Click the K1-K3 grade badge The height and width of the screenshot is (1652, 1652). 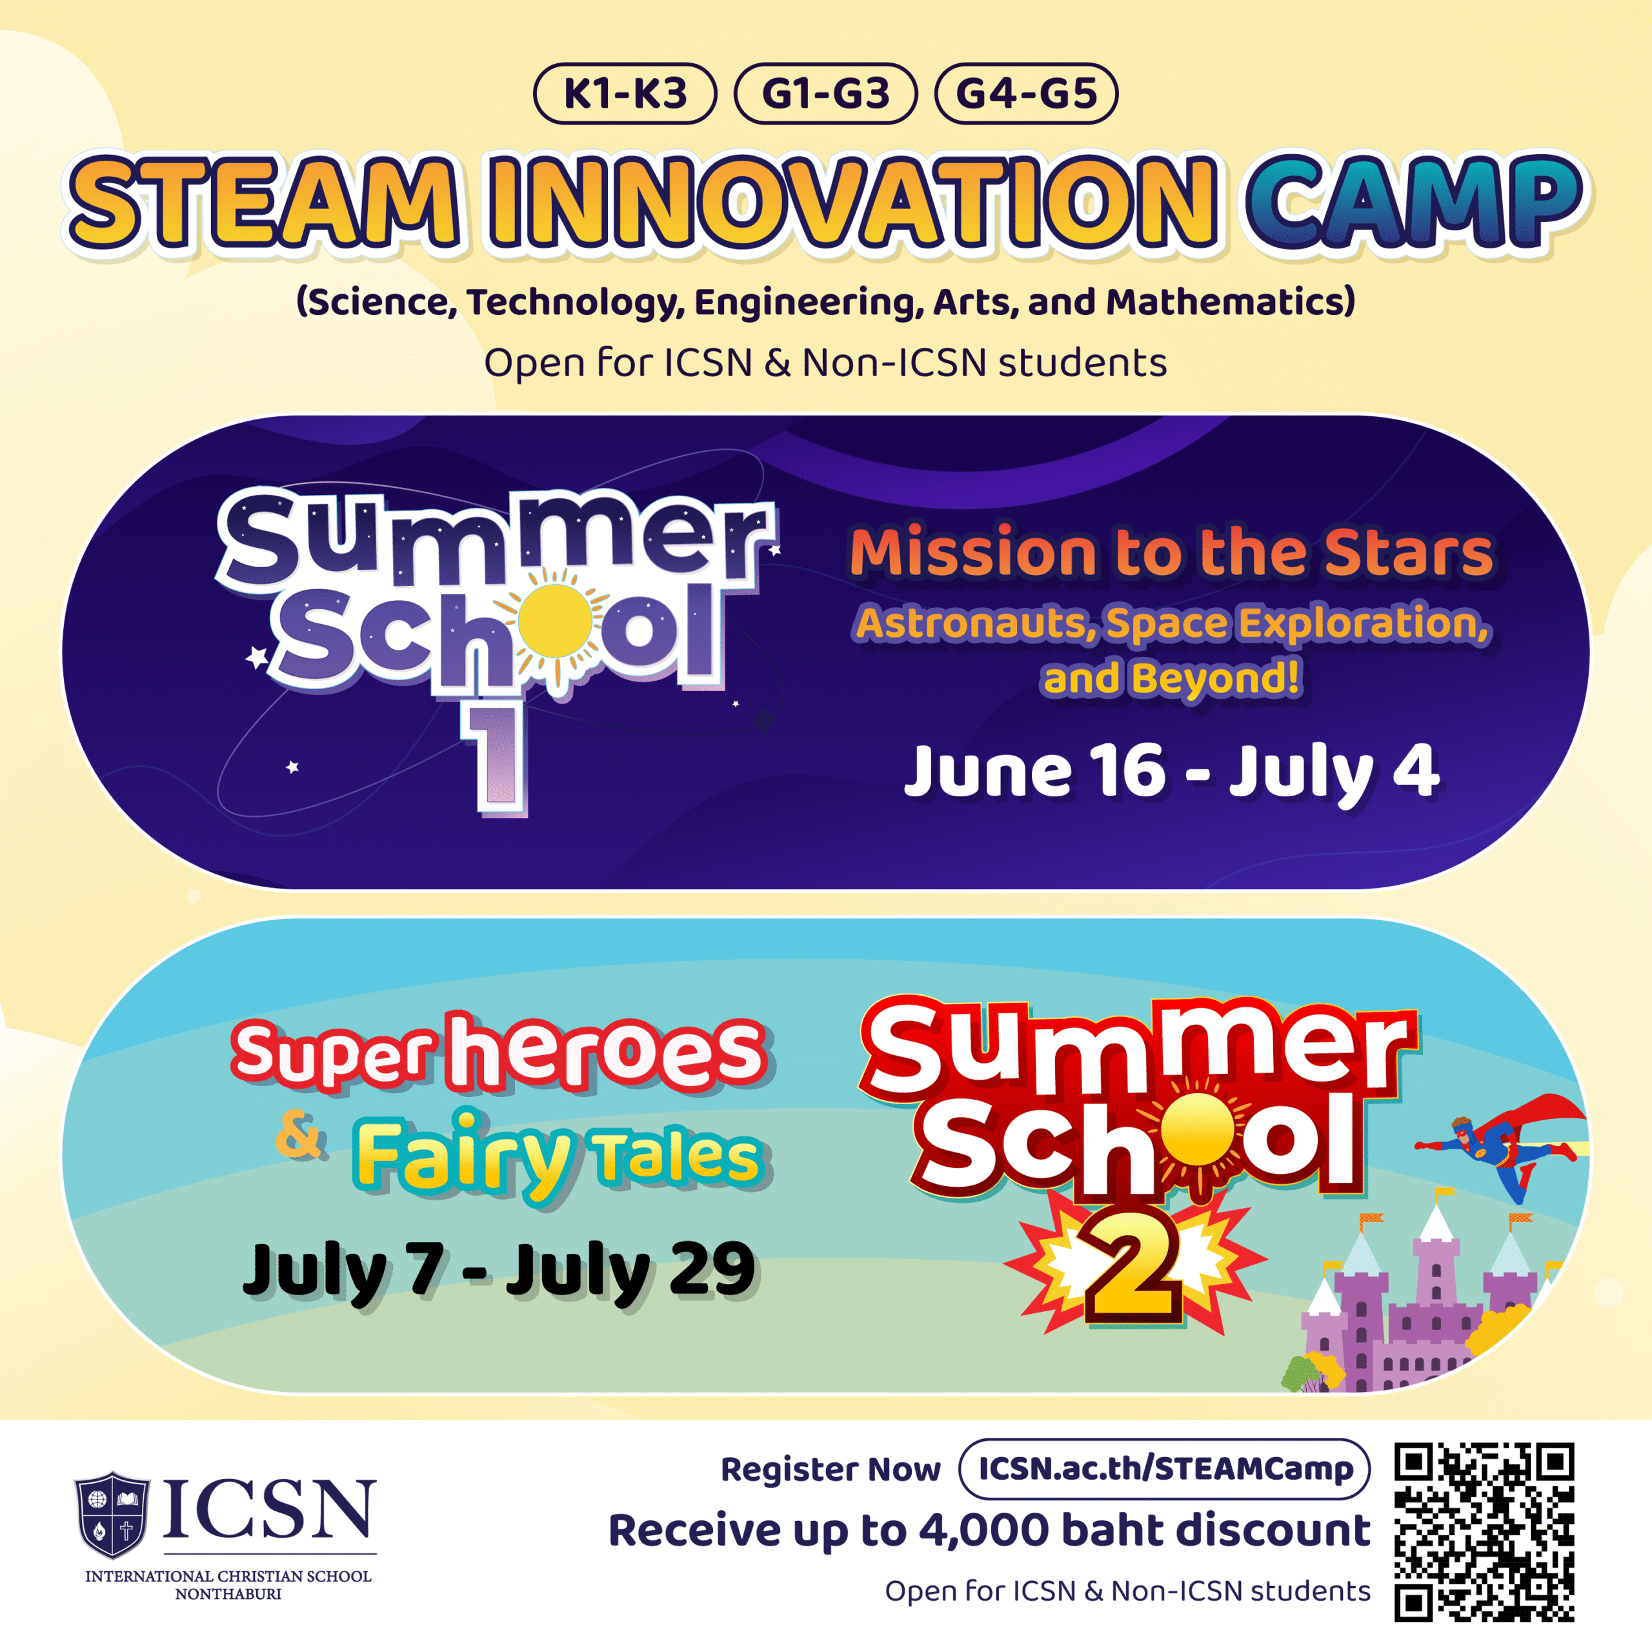(x=625, y=93)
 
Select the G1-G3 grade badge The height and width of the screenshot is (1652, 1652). (x=826, y=93)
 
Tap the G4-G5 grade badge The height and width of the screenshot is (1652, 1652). (x=1026, y=93)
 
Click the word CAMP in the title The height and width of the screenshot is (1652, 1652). (x=1415, y=203)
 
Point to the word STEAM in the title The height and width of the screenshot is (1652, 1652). (x=265, y=203)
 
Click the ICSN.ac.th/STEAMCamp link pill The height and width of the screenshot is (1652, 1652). (x=1165, y=1469)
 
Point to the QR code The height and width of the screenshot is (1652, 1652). (x=1484, y=1532)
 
